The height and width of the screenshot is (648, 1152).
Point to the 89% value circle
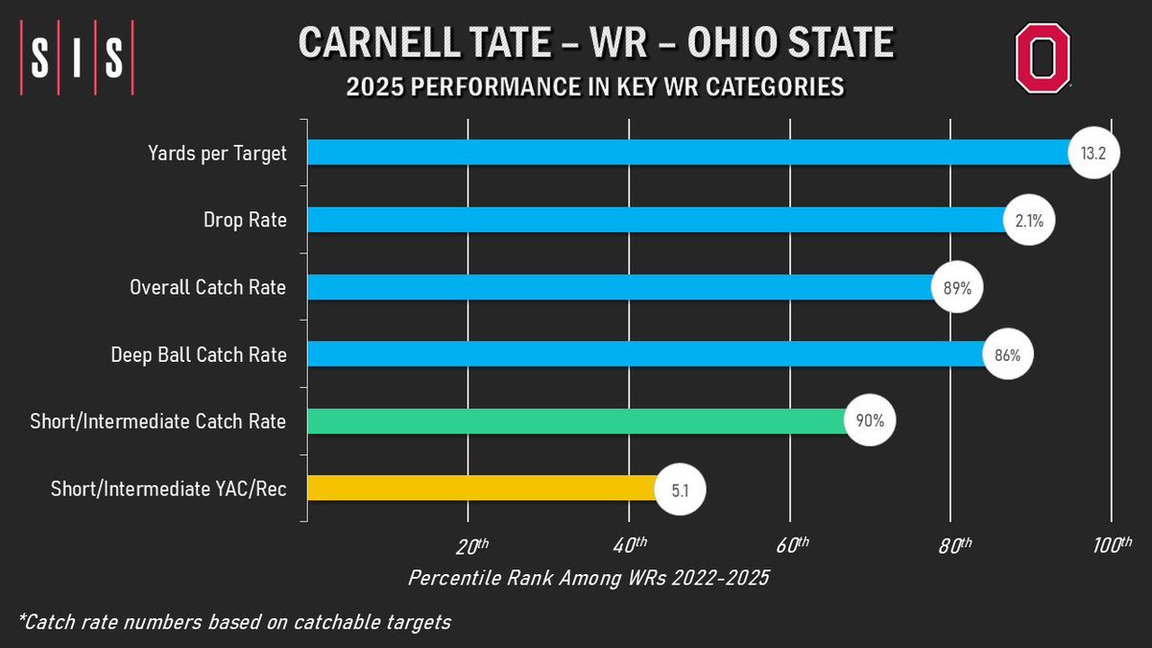coord(957,287)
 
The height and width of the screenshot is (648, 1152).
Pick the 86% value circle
coord(1007,354)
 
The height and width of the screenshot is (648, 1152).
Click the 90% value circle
coord(870,421)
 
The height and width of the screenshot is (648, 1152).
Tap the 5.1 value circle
coord(681,489)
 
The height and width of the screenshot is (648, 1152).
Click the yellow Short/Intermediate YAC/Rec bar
coord(480,489)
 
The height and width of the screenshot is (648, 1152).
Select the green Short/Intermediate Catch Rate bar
coord(576,421)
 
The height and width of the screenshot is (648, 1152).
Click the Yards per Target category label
coord(216,153)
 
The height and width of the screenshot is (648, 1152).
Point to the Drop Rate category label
coord(246,220)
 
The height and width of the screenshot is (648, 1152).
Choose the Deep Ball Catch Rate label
coord(199,354)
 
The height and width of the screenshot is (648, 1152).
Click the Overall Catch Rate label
coord(207,287)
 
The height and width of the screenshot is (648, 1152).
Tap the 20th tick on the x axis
coord(470,546)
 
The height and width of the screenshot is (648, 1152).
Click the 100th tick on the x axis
coord(1113,546)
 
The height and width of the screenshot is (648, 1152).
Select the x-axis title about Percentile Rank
coord(588,579)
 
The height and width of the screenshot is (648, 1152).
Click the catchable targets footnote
coord(233,621)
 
